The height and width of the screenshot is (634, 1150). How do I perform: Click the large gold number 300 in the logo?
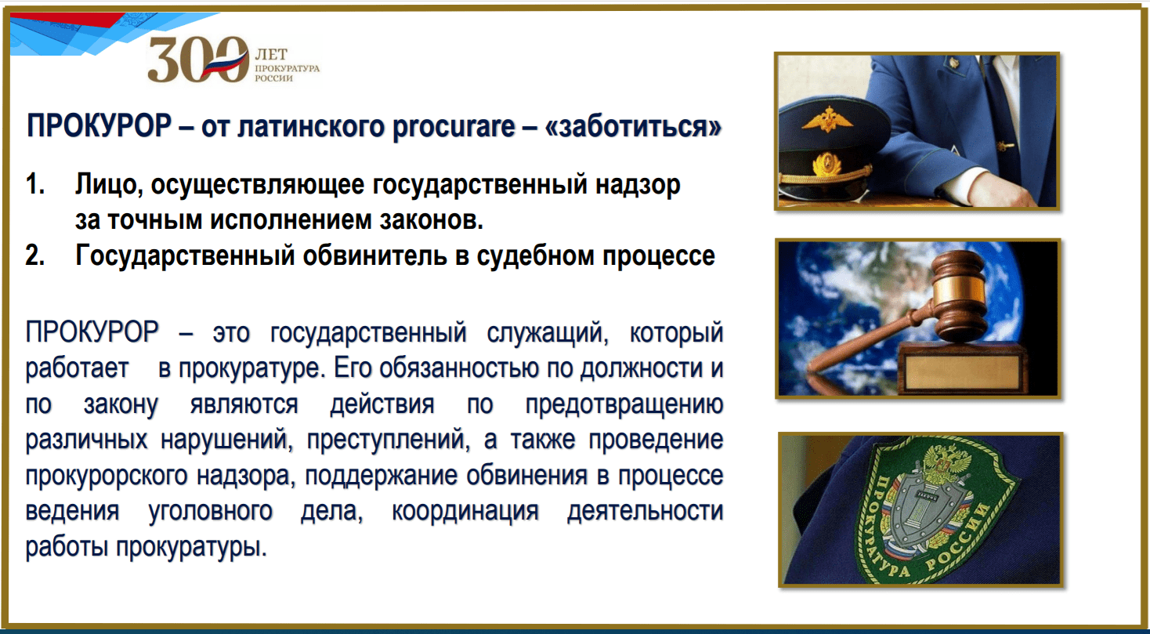[x=198, y=60]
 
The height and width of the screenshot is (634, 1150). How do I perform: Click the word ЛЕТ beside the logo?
[x=271, y=54]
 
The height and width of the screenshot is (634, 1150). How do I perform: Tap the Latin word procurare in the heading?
[x=454, y=125]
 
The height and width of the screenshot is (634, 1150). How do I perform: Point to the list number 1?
[x=35, y=184]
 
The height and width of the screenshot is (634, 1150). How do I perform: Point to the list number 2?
[x=35, y=255]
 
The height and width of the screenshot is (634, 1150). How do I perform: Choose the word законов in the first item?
[x=431, y=220]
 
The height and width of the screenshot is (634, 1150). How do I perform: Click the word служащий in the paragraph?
[x=548, y=333]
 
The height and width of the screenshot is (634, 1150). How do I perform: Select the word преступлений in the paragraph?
[x=388, y=440]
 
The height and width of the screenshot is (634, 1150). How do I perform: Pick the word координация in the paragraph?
[x=465, y=511]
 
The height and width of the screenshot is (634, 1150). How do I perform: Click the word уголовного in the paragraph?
[x=211, y=511]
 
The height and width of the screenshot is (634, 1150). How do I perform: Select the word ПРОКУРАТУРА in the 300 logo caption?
[x=287, y=68]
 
